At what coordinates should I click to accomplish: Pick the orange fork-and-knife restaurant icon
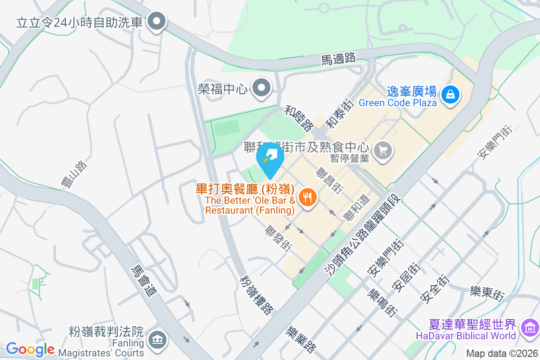click(307, 198)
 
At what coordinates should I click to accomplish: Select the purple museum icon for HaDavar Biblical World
click(529, 328)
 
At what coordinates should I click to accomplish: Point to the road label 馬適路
click(339, 58)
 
